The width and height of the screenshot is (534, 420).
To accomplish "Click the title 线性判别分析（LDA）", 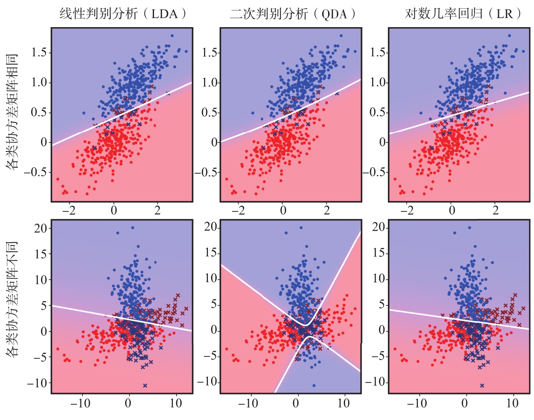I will [x=123, y=14].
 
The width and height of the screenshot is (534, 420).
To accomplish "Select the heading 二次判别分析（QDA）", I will [x=293, y=14].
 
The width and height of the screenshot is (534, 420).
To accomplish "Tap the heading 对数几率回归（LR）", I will [x=464, y=14].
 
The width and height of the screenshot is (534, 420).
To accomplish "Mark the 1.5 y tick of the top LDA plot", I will [x=39, y=52].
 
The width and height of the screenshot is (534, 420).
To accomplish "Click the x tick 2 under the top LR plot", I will [x=495, y=211].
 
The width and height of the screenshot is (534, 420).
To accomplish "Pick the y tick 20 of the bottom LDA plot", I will [x=41, y=228].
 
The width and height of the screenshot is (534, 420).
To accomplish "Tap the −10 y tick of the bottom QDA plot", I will [x=208, y=382].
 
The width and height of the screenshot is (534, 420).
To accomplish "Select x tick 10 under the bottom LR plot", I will [x=512, y=403].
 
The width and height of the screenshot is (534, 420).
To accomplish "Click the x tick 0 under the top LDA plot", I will [x=114, y=211].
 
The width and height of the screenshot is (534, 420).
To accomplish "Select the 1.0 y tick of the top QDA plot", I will [x=210, y=83].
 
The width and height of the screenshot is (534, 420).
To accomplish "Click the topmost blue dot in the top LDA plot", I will [x=172, y=35].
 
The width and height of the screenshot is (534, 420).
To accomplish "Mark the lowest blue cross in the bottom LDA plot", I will [x=145, y=385].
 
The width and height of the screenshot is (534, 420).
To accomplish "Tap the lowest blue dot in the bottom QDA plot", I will [x=314, y=385].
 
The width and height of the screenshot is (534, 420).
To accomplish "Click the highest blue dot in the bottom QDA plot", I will [x=301, y=228].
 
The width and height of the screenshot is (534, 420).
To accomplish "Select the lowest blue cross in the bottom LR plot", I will [x=482, y=385].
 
